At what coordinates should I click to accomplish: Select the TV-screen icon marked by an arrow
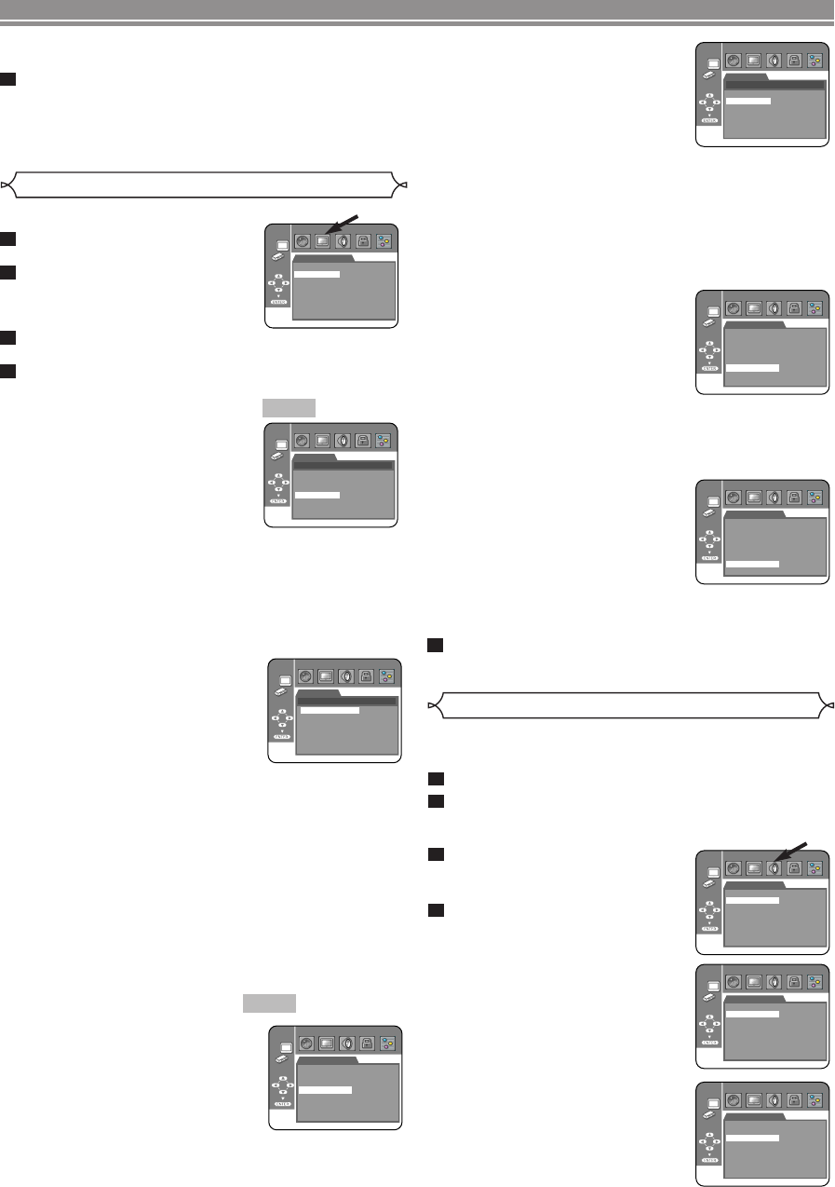click(x=322, y=239)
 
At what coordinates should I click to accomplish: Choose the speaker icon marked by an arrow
click(x=774, y=867)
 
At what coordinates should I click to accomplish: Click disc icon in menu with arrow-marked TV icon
click(x=302, y=239)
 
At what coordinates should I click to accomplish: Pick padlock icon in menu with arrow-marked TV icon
click(x=364, y=239)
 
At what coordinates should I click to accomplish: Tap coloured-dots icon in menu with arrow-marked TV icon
click(x=385, y=239)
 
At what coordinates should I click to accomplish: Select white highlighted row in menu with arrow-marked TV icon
click(x=316, y=275)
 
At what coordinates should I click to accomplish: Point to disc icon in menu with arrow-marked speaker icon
click(x=732, y=867)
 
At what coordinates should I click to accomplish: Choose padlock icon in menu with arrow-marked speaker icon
click(x=794, y=867)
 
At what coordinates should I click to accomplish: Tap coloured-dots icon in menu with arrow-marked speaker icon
click(x=815, y=867)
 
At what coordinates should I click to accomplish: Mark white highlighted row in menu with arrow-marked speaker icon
click(x=752, y=901)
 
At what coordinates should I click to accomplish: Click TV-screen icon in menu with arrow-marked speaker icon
click(x=752, y=867)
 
